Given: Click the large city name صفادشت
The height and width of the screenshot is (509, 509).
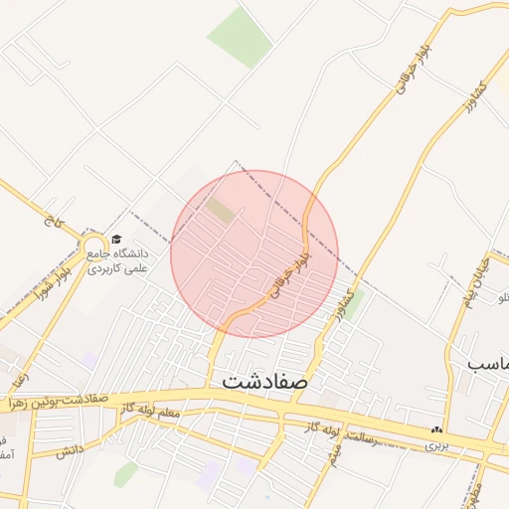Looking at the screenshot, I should pos(265,380).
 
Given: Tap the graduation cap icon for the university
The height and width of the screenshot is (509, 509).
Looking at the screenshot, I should pos(115,240).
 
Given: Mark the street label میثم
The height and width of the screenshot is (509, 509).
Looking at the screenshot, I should pos(335,455).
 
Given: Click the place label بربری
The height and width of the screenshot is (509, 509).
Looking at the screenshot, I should pos(437,445).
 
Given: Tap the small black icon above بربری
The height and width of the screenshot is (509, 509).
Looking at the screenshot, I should pos(436,431).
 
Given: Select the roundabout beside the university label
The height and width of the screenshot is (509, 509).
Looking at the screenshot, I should pos(95,245).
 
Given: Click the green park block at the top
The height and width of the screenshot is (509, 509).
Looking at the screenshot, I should pos(239,37).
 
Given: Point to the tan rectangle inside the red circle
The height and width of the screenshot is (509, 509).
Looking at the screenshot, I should pos(221,210).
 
